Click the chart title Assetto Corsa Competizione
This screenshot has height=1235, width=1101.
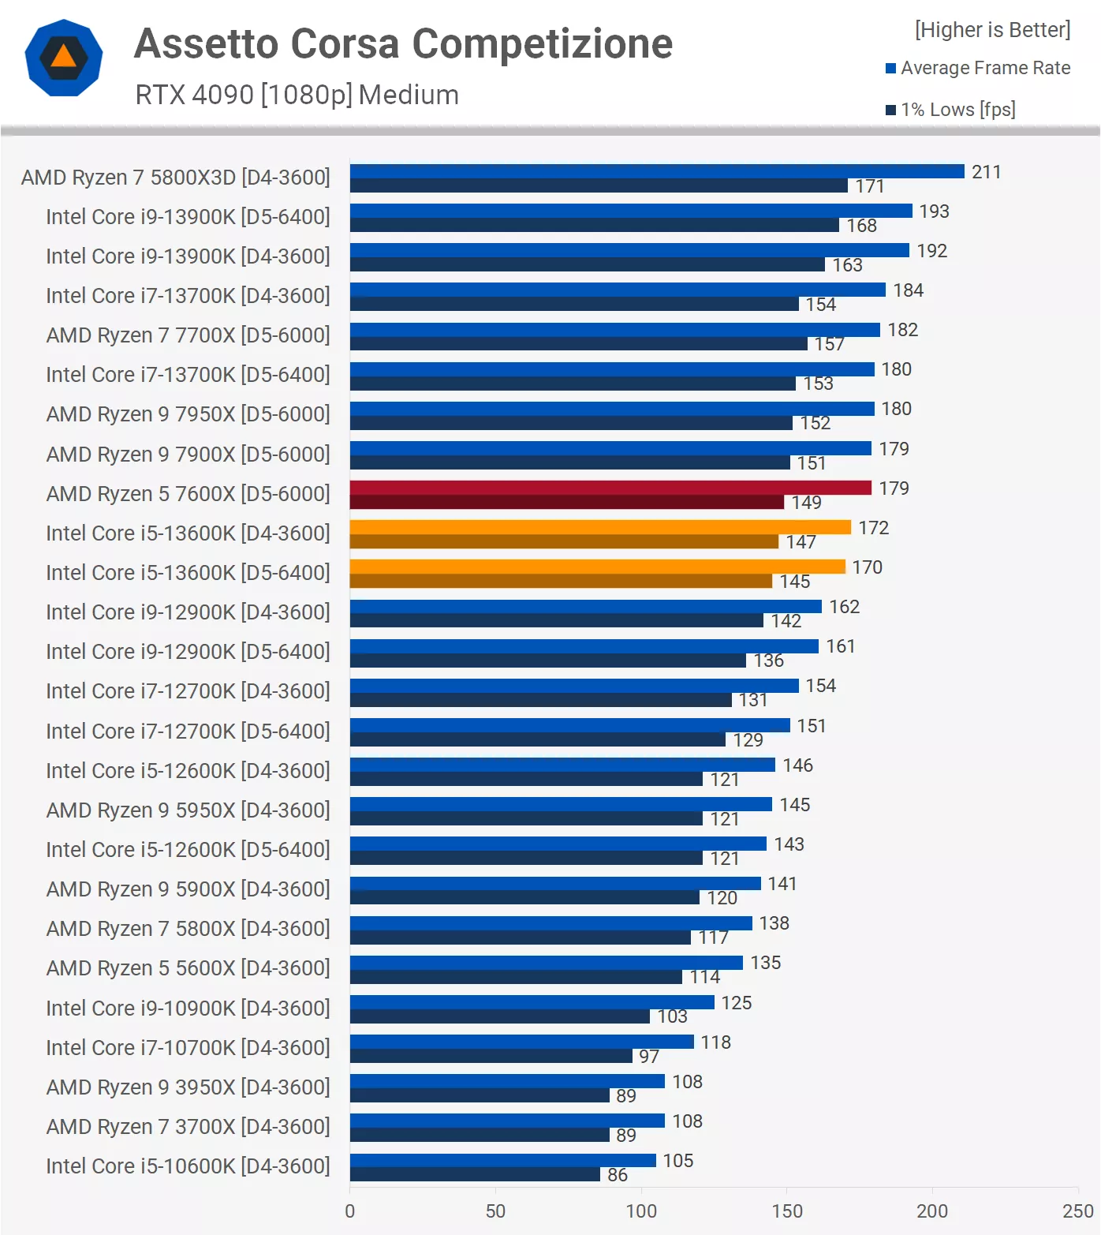click(403, 44)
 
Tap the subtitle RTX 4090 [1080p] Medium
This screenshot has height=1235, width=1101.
click(297, 95)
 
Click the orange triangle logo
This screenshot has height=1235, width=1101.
click(63, 58)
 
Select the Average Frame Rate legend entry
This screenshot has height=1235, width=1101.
click(978, 68)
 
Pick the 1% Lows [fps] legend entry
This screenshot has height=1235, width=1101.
click(951, 110)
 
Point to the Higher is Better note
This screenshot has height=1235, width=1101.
click(992, 30)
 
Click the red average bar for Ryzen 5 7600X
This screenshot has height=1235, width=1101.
click(610, 488)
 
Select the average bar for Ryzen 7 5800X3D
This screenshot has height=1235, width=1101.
click(656, 171)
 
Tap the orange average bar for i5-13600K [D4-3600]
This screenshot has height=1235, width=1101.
click(599, 527)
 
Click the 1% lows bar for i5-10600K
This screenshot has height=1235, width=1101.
click(475, 1175)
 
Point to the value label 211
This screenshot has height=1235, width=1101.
click(986, 172)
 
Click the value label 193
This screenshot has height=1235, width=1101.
click(934, 211)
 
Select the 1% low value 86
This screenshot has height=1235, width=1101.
click(618, 1175)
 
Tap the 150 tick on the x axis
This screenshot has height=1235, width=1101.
click(786, 1211)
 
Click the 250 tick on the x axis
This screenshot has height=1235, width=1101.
click(1077, 1211)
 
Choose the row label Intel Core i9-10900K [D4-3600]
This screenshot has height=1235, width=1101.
click(188, 1008)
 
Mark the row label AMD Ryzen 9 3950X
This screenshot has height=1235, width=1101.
click(188, 1087)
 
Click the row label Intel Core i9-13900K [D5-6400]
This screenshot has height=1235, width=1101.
click(188, 216)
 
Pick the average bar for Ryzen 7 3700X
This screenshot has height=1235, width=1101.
click(507, 1121)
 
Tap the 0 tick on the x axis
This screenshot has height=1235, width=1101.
click(350, 1211)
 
